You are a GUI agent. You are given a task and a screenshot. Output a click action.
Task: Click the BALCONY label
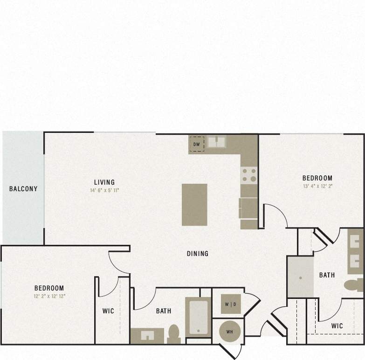[23, 189]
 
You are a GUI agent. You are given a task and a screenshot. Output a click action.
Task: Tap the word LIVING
[104, 182]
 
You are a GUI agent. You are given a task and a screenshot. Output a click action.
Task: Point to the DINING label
[198, 254]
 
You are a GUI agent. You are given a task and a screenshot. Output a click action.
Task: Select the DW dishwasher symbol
[197, 144]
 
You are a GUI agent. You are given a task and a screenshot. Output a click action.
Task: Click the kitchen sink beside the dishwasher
[216, 142]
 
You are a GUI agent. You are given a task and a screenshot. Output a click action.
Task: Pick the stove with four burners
[249, 175]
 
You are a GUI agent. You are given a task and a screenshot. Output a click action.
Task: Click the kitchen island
[194, 204]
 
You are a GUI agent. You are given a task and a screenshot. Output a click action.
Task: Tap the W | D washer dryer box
[230, 304]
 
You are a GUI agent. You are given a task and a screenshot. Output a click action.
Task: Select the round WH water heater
[230, 332]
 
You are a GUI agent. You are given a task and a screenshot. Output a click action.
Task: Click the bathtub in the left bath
[199, 317]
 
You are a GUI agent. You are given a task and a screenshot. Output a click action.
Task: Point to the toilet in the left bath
[174, 334]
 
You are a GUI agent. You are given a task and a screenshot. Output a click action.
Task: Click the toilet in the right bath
[354, 284]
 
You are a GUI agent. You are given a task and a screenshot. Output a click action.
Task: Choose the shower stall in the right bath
[300, 277]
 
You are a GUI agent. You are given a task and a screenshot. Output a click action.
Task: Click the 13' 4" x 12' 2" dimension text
[317, 186]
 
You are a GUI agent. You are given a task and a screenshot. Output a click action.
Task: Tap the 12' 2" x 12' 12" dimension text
[49, 296]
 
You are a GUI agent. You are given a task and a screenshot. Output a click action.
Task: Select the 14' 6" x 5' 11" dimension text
[104, 190]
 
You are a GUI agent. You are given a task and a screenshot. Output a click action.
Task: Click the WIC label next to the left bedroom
[108, 311]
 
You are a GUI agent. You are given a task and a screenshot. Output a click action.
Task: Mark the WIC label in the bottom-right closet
[337, 325]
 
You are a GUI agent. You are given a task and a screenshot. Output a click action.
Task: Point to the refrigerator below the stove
[248, 208]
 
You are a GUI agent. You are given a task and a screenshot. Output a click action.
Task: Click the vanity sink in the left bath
[147, 336]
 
